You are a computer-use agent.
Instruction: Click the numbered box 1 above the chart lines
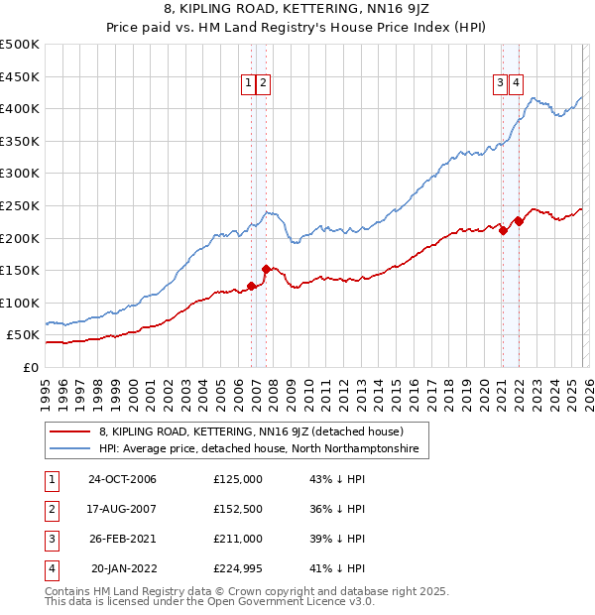coord(247,84)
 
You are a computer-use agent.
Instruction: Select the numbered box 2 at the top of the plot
coord(263,84)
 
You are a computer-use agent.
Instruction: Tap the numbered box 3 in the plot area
coord(501,84)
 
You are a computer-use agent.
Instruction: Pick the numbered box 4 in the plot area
coord(518,84)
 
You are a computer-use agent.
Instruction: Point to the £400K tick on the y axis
coord(20,108)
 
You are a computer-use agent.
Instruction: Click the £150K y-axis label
coord(20,270)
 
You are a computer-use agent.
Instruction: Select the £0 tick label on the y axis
coord(31,367)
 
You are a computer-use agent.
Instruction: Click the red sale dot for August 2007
coord(266,269)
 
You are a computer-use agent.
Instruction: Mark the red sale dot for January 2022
coord(519,221)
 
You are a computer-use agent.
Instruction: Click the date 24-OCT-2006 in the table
coord(122,479)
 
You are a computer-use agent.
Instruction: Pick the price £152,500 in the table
coord(238,509)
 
